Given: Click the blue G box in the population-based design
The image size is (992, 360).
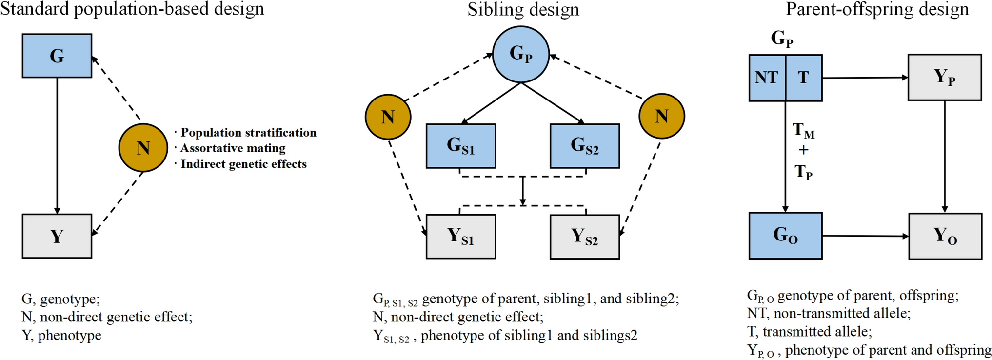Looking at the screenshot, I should coord(57,56).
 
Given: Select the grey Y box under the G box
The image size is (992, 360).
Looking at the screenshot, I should coord(57,236).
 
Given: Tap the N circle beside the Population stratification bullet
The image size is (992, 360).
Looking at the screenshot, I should coord(143,147).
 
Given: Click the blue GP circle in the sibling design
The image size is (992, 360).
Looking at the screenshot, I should coord(521,54).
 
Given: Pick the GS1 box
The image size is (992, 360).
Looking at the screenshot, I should coord(461,146).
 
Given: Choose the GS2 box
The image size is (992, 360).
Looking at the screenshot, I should coord(585,146).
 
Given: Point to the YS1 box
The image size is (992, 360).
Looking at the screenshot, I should coord(461,237).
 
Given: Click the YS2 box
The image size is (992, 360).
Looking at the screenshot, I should coord(585,237).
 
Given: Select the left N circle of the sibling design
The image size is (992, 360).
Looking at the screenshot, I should coord(388,117).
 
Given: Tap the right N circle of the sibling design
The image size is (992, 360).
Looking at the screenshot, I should coord(661,117).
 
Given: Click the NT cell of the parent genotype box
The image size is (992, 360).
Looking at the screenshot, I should coord(767,78).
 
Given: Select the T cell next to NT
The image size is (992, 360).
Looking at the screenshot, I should coord(803,78).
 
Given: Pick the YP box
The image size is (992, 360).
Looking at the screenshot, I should coord(944,78).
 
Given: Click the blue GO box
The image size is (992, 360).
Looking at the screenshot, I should coord(785,236).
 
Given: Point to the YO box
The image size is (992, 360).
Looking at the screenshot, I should coord(945,236).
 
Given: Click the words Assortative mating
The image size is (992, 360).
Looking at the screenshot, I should coord(233,148).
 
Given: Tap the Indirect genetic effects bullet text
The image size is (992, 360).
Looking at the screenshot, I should coord(243,164).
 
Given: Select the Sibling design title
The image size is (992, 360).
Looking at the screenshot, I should coord(523,9).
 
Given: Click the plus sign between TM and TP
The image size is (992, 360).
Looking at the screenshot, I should coord(803,150).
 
